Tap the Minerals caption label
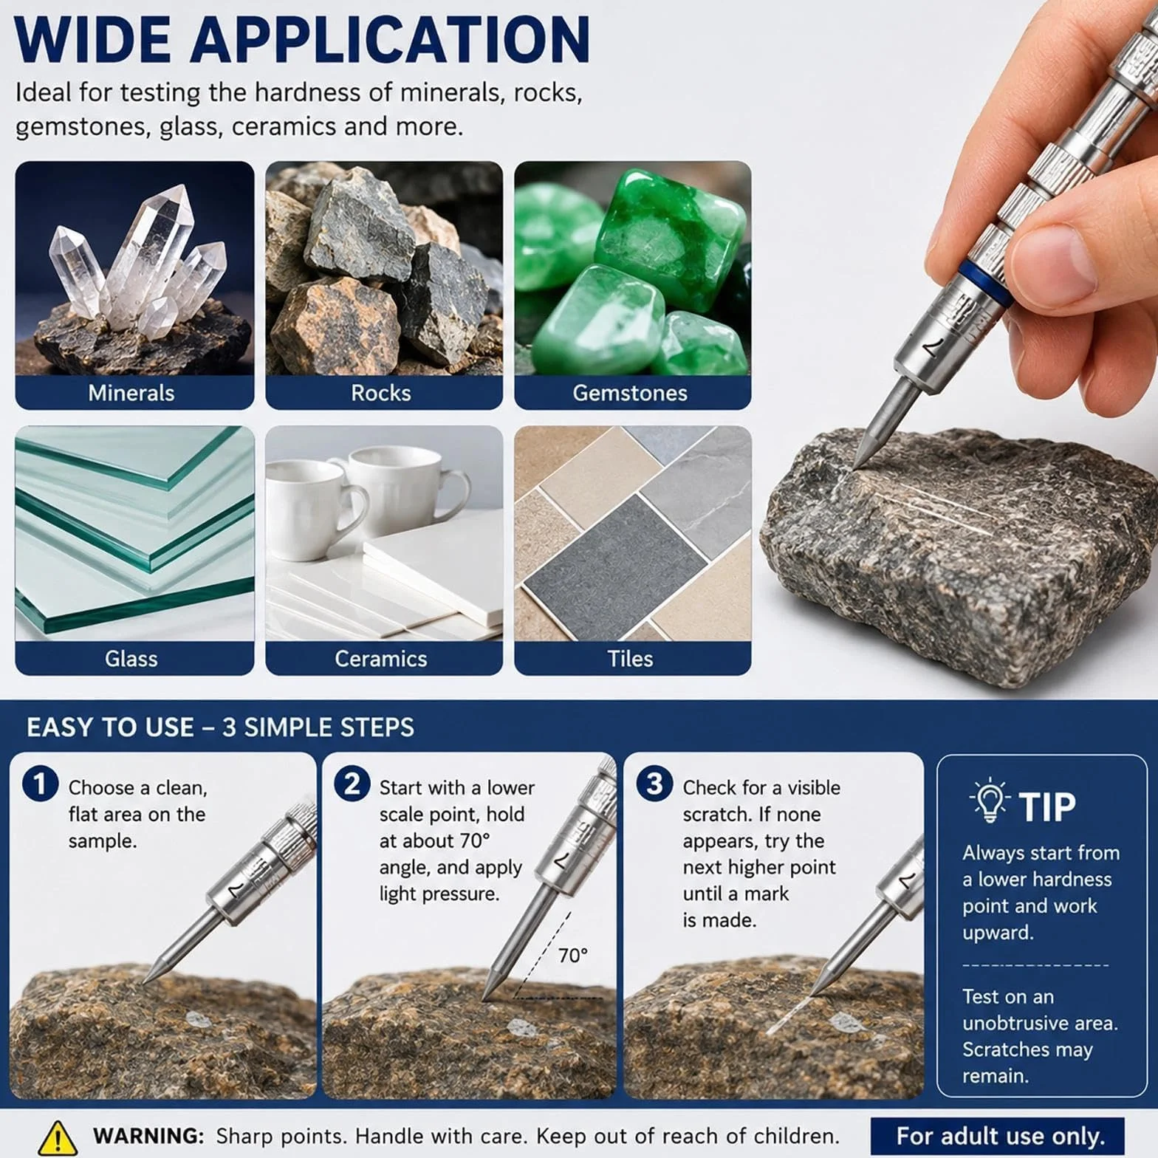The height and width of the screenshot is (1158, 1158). pos(131,393)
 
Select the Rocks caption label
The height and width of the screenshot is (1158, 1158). pos(381,393)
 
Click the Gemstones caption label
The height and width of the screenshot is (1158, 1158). pos(630,393)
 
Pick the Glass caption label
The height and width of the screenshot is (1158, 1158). pos(131,659)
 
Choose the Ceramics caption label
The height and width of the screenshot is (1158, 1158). pos(381,659)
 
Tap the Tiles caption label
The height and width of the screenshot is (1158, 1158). pos(630,659)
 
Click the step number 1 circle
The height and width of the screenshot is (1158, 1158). pos(40,784)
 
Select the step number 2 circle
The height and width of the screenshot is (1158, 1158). pos(352,784)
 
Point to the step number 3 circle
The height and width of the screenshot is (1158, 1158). pos(654,784)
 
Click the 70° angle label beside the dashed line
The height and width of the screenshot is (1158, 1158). pos(573,956)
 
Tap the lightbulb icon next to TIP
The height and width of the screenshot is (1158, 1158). pos(989,801)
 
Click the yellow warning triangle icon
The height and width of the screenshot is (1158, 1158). pos(57,1137)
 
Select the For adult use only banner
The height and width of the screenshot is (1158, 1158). pos(998,1136)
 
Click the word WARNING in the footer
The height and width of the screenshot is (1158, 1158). pos(148,1136)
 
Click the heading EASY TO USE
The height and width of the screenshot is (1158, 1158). pos(110,727)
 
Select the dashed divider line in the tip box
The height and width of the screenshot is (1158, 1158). pos(1035,965)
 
